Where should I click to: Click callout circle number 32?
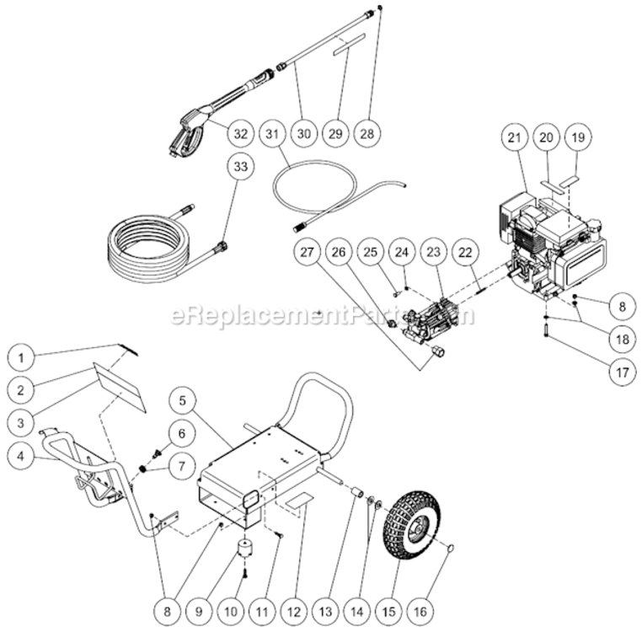(240, 133)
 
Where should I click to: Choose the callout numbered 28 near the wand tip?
(368, 133)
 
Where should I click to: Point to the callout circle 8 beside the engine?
(621, 304)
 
